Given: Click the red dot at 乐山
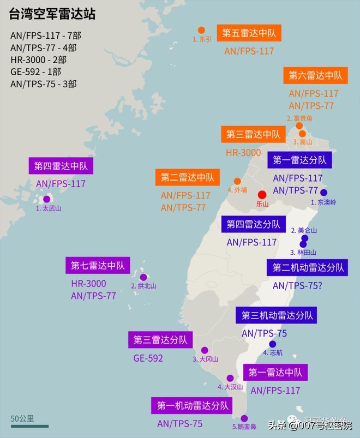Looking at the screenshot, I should [x=262, y=195].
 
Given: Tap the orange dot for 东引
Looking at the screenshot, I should [x=201, y=31].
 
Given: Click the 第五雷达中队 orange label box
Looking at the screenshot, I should [x=249, y=33].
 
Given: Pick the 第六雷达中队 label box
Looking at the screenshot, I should [x=316, y=75].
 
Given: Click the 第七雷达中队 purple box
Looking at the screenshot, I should [x=98, y=266].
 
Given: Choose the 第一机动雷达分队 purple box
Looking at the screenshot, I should [x=192, y=406].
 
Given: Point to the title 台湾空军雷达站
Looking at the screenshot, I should [x=52, y=15].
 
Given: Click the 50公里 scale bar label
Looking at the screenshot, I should [x=22, y=419].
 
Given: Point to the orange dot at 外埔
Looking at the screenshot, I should [x=237, y=181].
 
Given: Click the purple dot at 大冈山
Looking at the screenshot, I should [x=205, y=350].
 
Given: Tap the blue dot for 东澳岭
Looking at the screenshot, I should [x=323, y=193].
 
